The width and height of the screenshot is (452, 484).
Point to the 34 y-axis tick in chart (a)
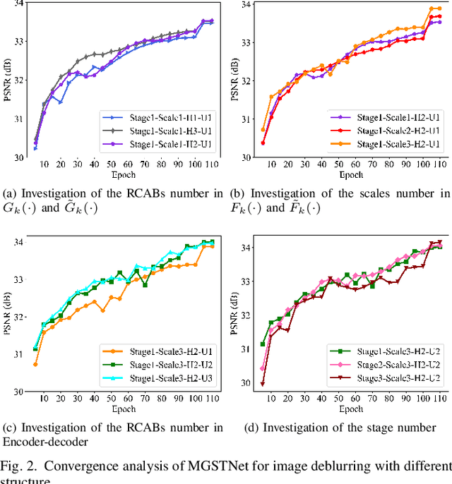[x=19, y=4]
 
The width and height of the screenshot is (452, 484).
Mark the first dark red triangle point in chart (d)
[x=263, y=384]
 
